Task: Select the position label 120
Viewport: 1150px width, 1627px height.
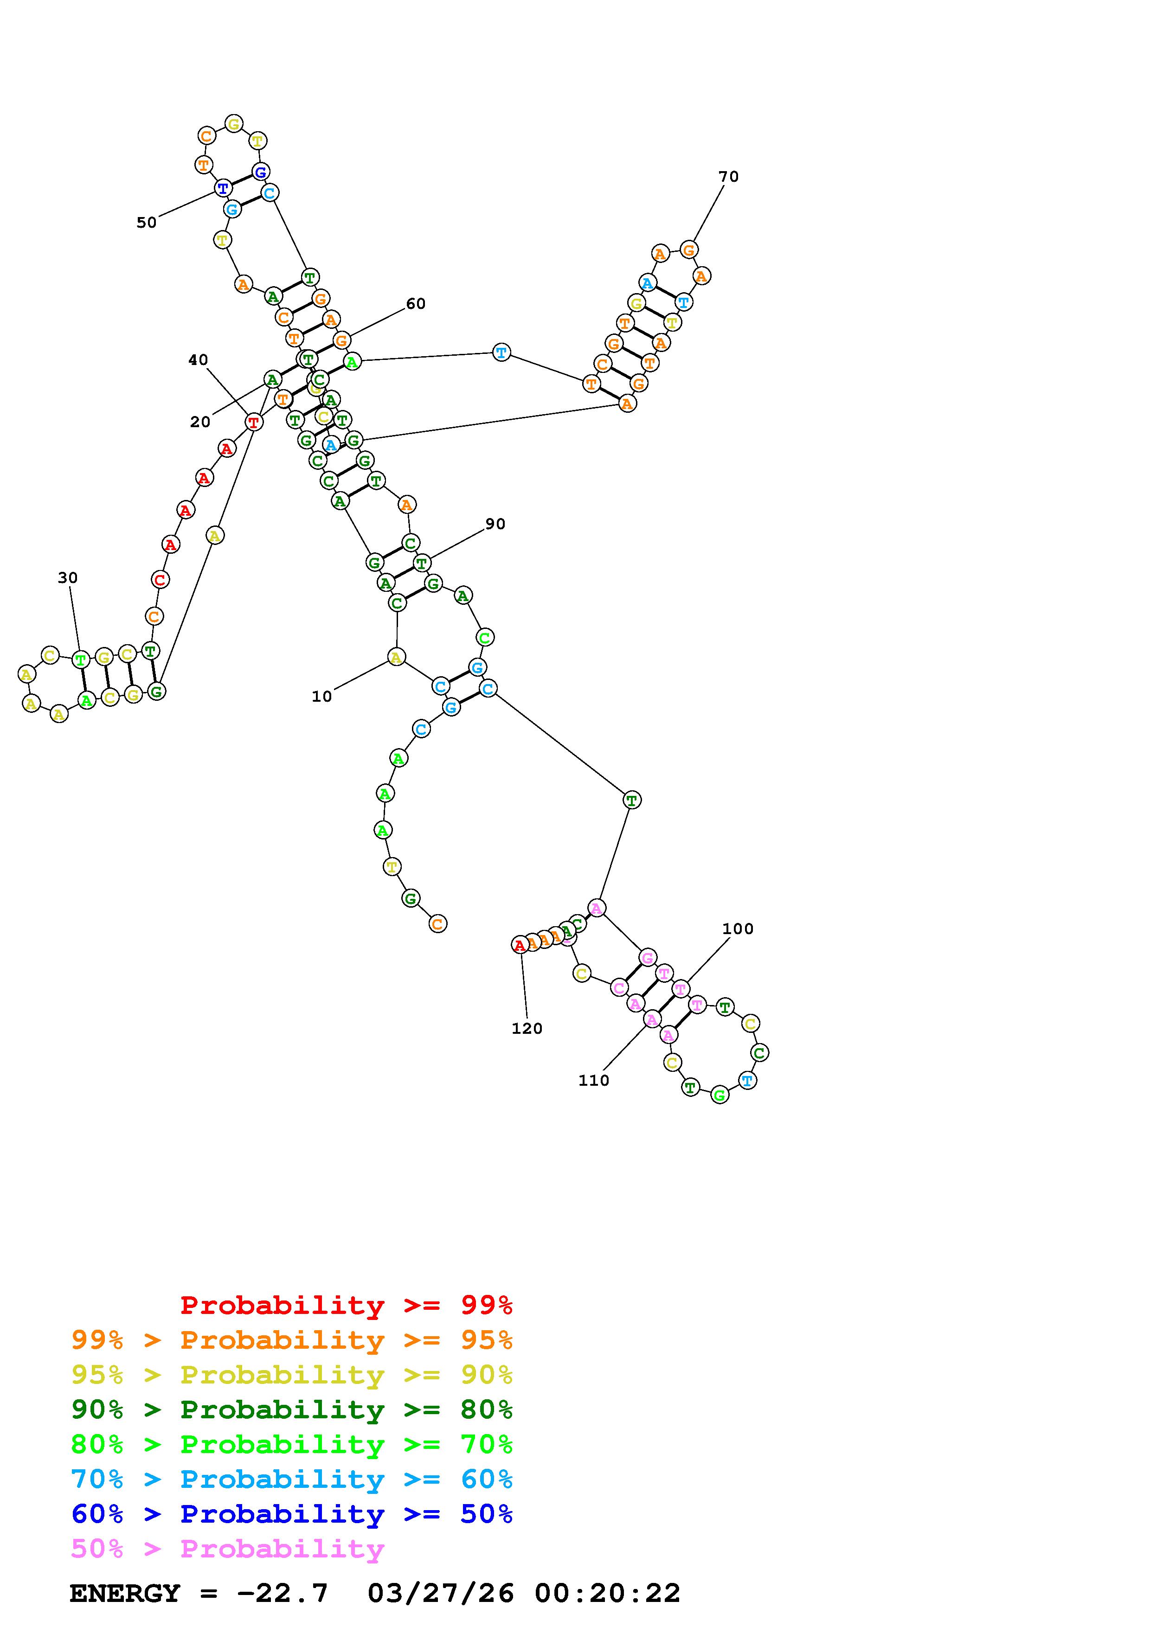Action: pyautogui.click(x=527, y=1029)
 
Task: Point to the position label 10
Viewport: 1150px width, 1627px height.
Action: pyautogui.click(x=321, y=697)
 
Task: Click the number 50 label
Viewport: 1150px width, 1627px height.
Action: pyautogui.click(x=146, y=223)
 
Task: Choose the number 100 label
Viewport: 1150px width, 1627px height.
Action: pyautogui.click(x=738, y=929)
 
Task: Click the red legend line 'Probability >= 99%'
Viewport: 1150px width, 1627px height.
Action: pyautogui.click(x=346, y=1305)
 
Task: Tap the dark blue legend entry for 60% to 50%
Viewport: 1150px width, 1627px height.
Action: pyautogui.click(x=291, y=1514)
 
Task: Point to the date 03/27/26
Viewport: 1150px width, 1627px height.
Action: pyautogui.click(x=441, y=1594)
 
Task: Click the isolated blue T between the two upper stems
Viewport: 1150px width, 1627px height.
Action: pyautogui.click(x=501, y=352)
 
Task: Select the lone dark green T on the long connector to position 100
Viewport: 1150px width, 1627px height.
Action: pyautogui.click(x=630, y=800)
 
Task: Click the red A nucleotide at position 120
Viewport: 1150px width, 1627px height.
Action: pyautogui.click(x=520, y=945)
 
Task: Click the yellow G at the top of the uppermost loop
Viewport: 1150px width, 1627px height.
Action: pyautogui.click(x=233, y=124)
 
